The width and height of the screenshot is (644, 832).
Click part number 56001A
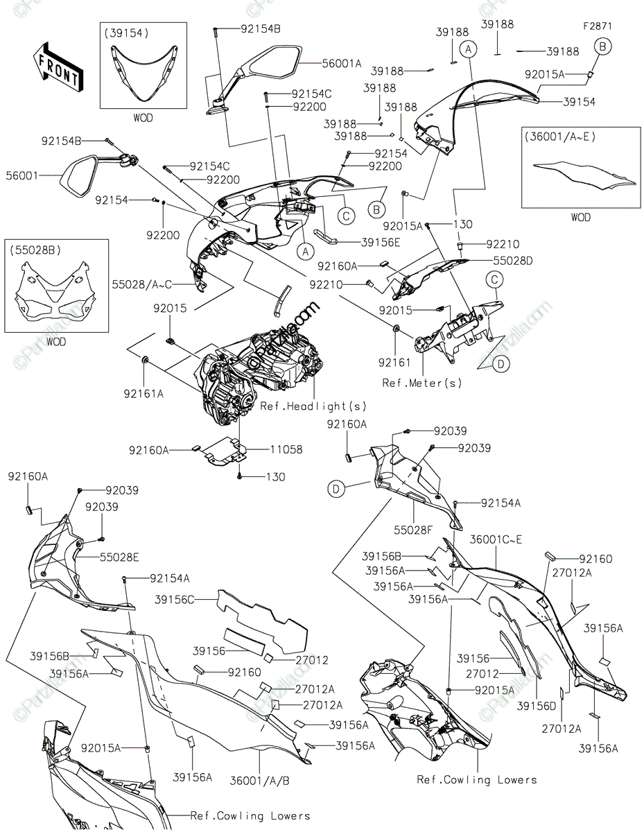tap(342, 62)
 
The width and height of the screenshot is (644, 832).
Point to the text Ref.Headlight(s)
tap(313, 406)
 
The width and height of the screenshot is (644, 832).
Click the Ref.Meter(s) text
tap(422, 382)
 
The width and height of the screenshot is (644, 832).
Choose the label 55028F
tap(415, 529)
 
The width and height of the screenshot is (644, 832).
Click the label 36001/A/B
tap(260, 779)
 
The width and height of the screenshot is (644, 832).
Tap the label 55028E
tap(119, 556)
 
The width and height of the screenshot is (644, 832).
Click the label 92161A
tap(143, 394)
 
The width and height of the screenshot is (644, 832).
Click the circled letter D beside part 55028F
tap(336, 489)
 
